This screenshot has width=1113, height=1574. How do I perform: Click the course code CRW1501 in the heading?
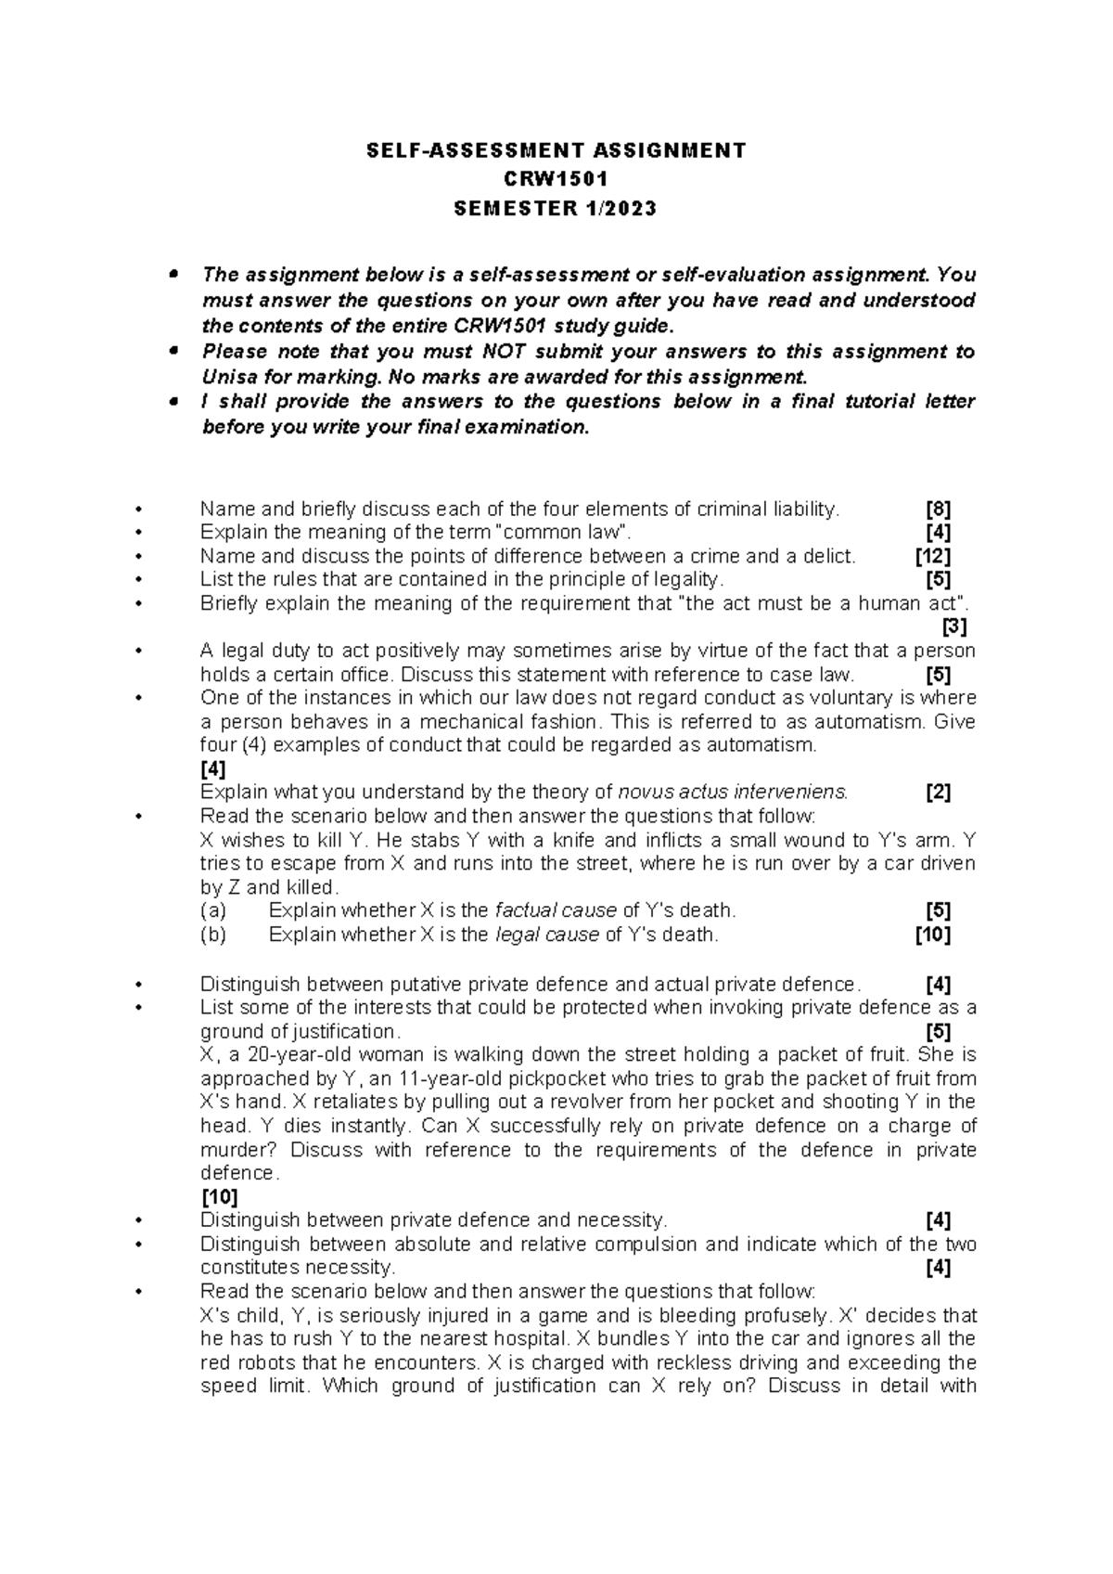tap(555, 179)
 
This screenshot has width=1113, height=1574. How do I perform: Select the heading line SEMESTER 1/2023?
tap(555, 208)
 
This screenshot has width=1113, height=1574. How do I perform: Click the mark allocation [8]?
tap(939, 509)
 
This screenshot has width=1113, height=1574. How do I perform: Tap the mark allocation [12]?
tap(932, 556)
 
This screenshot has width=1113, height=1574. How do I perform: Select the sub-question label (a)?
tap(214, 910)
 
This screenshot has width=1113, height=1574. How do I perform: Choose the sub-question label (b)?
tap(214, 935)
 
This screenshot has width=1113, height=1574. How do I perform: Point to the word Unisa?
tap(228, 377)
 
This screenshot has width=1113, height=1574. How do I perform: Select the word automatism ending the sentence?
tap(761, 745)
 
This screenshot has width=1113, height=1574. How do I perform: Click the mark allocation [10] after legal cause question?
tap(932, 935)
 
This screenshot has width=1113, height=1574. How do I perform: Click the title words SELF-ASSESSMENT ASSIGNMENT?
tap(555, 150)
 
